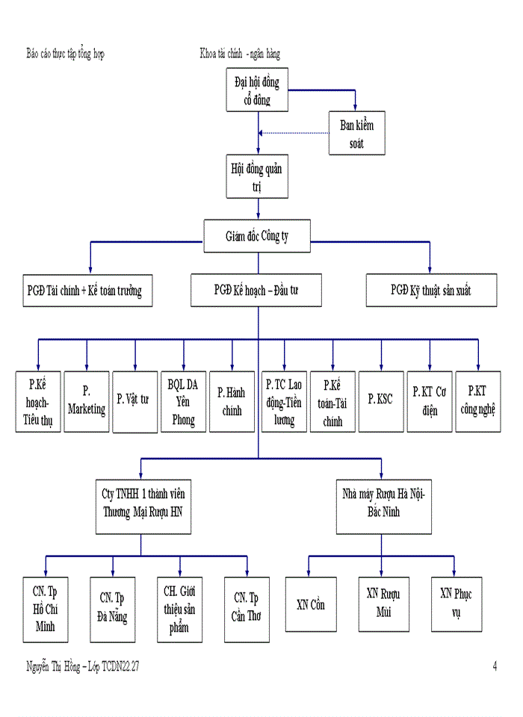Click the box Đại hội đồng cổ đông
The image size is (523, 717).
[x=257, y=90]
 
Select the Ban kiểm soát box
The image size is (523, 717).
[x=356, y=133]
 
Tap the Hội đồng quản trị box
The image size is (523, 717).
[x=257, y=177]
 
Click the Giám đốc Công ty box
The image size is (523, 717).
[x=258, y=236]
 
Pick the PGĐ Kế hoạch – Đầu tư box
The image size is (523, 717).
[x=256, y=290]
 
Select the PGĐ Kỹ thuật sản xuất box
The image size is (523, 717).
[x=431, y=290]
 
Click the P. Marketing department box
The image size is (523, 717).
[x=87, y=401]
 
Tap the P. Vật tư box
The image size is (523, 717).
[x=134, y=401]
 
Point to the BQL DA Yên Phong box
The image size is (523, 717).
[x=183, y=401]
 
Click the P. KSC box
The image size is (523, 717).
[x=381, y=401]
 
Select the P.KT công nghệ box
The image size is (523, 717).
[x=478, y=401]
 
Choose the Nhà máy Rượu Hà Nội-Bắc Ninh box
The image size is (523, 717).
[x=383, y=505]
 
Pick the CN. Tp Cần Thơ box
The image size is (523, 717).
[x=247, y=609]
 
